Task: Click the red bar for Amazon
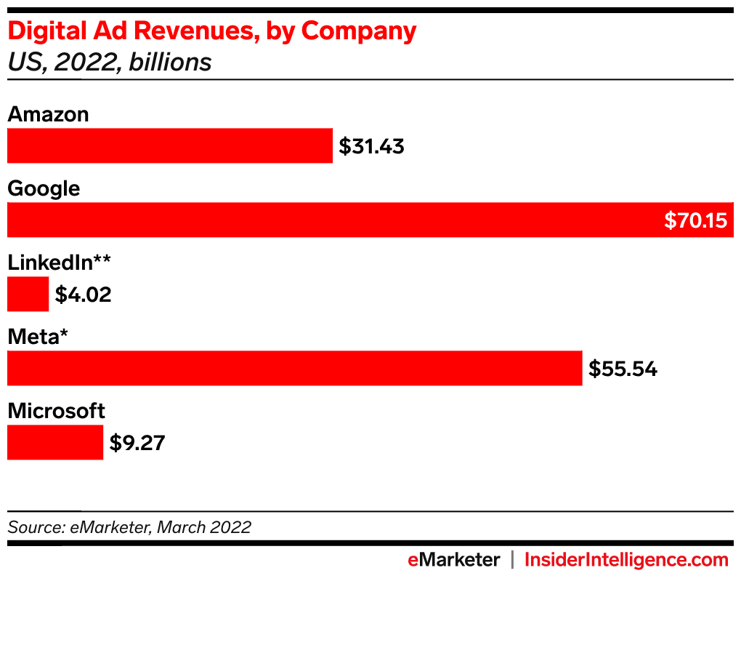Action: [x=169, y=145]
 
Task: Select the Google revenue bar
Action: [x=334, y=220]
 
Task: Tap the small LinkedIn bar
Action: [x=28, y=294]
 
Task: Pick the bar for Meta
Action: [x=294, y=368]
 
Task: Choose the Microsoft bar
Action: [x=55, y=442]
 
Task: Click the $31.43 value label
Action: [x=371, y=147]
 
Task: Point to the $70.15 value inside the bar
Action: [x=695, y=220]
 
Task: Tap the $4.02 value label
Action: [x=83, y=295]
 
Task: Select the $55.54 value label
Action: [x=623, y=369]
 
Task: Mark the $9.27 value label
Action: [x=137, y=443]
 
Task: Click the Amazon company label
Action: [x=48, y=114]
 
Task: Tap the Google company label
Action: [x=44, y=189]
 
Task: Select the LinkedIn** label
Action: [x=59, y=263]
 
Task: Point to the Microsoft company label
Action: [x=56, y=411]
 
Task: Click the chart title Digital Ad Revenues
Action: [x=211, y=31]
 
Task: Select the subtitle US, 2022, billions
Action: [x=109, y=63]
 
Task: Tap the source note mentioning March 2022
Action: [x=129, y=527]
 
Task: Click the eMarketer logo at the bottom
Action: [x=453, y=560]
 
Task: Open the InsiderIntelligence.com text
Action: [x=625, y=560]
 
